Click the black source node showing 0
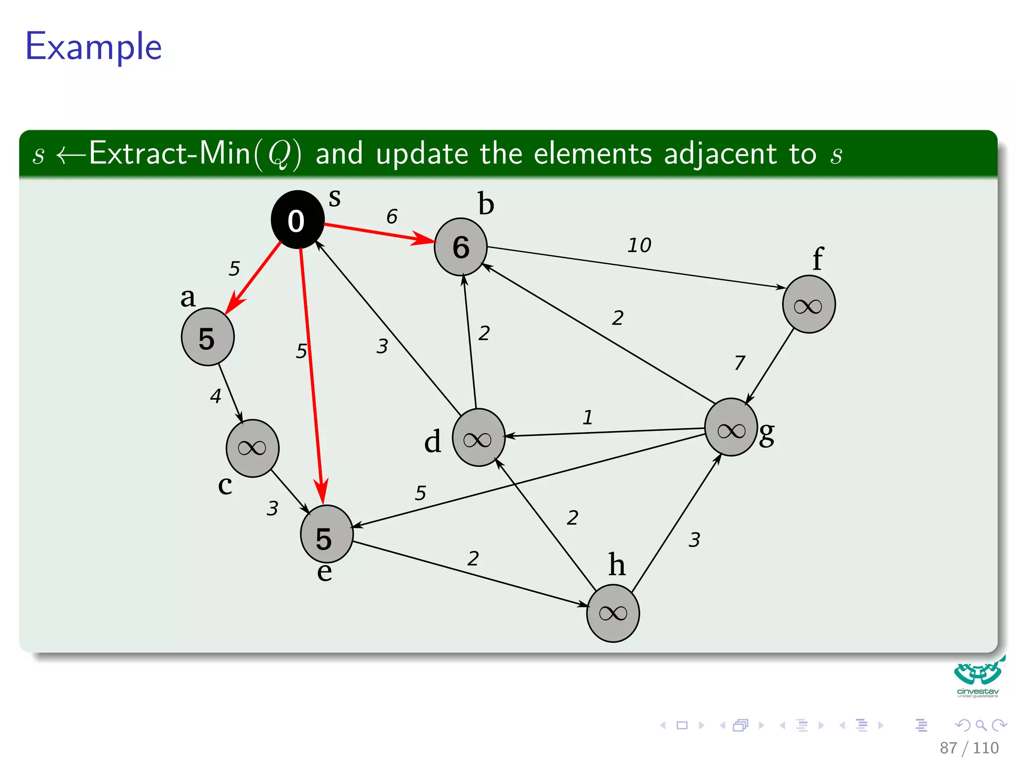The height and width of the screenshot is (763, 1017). tap(297, 220)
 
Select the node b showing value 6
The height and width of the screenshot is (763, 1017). tap(460, 247)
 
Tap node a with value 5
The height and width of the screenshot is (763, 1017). tap(208, 337)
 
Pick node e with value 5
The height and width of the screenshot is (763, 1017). tap(326, 534)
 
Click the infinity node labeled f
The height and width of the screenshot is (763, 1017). tap(808, 305)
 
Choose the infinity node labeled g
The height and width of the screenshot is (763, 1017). tap(730, 427)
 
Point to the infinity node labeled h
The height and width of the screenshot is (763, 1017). tap(613, 613)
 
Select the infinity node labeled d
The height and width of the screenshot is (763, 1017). tap(478, 438)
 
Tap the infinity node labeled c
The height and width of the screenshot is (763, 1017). tap(252, 448)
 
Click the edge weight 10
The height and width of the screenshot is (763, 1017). tap(639, 245)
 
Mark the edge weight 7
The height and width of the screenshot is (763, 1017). tap(740, 363)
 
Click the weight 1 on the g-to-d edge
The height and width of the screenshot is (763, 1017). tap(588, 417)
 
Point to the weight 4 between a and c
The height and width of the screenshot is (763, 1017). tap(216, 396)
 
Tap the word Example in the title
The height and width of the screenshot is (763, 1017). tap(93, 47)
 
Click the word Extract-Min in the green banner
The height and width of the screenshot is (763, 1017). tap(170, 153)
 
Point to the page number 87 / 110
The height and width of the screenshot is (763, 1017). tap(969, 748)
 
